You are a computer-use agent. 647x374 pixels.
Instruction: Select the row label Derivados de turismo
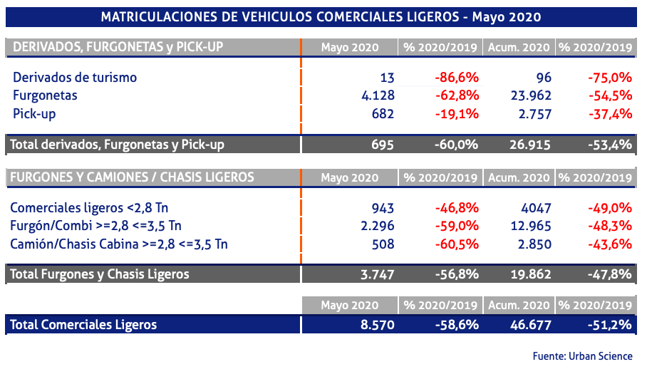point(75,77)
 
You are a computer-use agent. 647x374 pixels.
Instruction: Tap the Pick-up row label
point(34,113)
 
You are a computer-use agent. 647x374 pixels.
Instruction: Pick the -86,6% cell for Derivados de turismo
point(456,77)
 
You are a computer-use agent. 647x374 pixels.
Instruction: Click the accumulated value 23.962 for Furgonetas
point(531,95)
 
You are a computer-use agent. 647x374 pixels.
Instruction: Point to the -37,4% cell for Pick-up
point(610,113)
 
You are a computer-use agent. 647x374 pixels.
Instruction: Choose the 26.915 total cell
point(531,145)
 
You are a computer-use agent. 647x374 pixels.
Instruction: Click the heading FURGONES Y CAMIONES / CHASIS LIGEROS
point(133,177)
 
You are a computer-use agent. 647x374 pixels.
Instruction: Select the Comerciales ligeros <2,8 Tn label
point(89,208)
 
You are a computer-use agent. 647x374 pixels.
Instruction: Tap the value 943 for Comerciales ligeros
point(381,208)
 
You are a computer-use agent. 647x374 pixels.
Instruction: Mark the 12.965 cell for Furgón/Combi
point(531,226)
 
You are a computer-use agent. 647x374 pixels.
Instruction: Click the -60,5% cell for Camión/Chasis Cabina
point(456,244)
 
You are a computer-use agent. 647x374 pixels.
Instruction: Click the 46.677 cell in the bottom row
point(531,325)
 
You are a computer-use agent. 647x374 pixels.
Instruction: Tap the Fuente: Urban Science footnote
point(586,356)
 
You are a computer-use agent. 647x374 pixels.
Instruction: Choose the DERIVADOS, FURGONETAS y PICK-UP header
point(118,47)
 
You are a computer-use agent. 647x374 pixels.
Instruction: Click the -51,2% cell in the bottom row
point(610,325)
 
